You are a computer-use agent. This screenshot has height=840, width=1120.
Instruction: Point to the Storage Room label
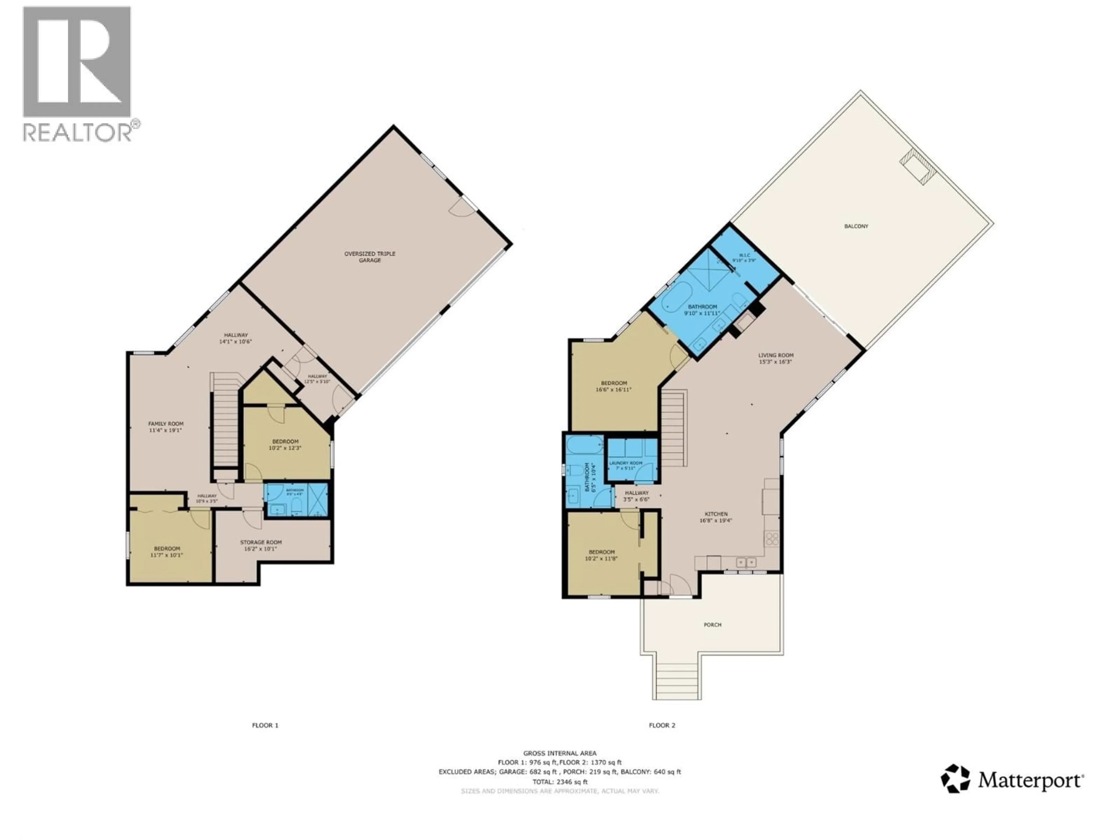tap(261, 542)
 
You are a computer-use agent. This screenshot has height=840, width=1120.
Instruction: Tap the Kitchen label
tap(716, 514)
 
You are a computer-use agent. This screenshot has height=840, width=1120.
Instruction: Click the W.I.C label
tap(744, 255)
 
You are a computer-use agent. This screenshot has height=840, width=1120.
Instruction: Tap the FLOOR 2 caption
tap(662, 725)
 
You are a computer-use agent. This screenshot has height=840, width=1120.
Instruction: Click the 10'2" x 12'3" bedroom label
tap(285, 442)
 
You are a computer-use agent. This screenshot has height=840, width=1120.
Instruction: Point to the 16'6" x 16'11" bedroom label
tap(614, 383)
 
